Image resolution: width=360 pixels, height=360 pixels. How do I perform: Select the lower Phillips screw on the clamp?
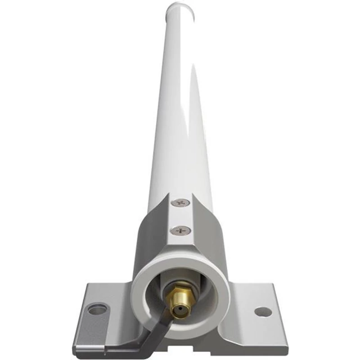point(180,230)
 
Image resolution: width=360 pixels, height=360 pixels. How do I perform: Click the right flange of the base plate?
point(256,315)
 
